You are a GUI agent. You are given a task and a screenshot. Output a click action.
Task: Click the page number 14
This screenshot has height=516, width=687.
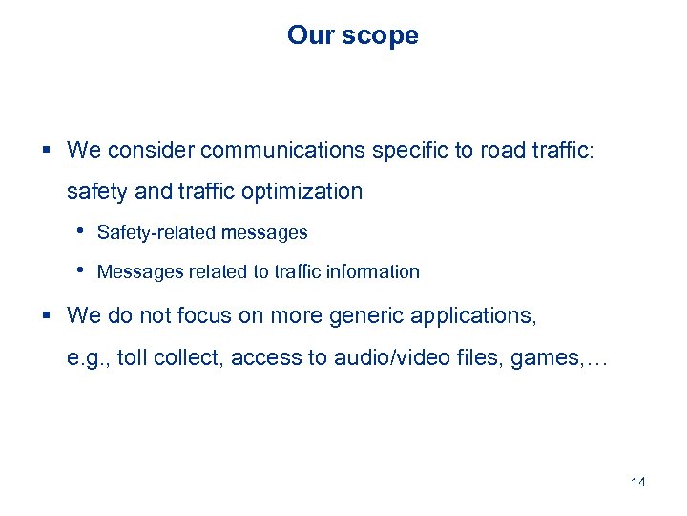638,482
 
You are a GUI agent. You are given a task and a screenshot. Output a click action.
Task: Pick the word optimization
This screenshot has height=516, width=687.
303,192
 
